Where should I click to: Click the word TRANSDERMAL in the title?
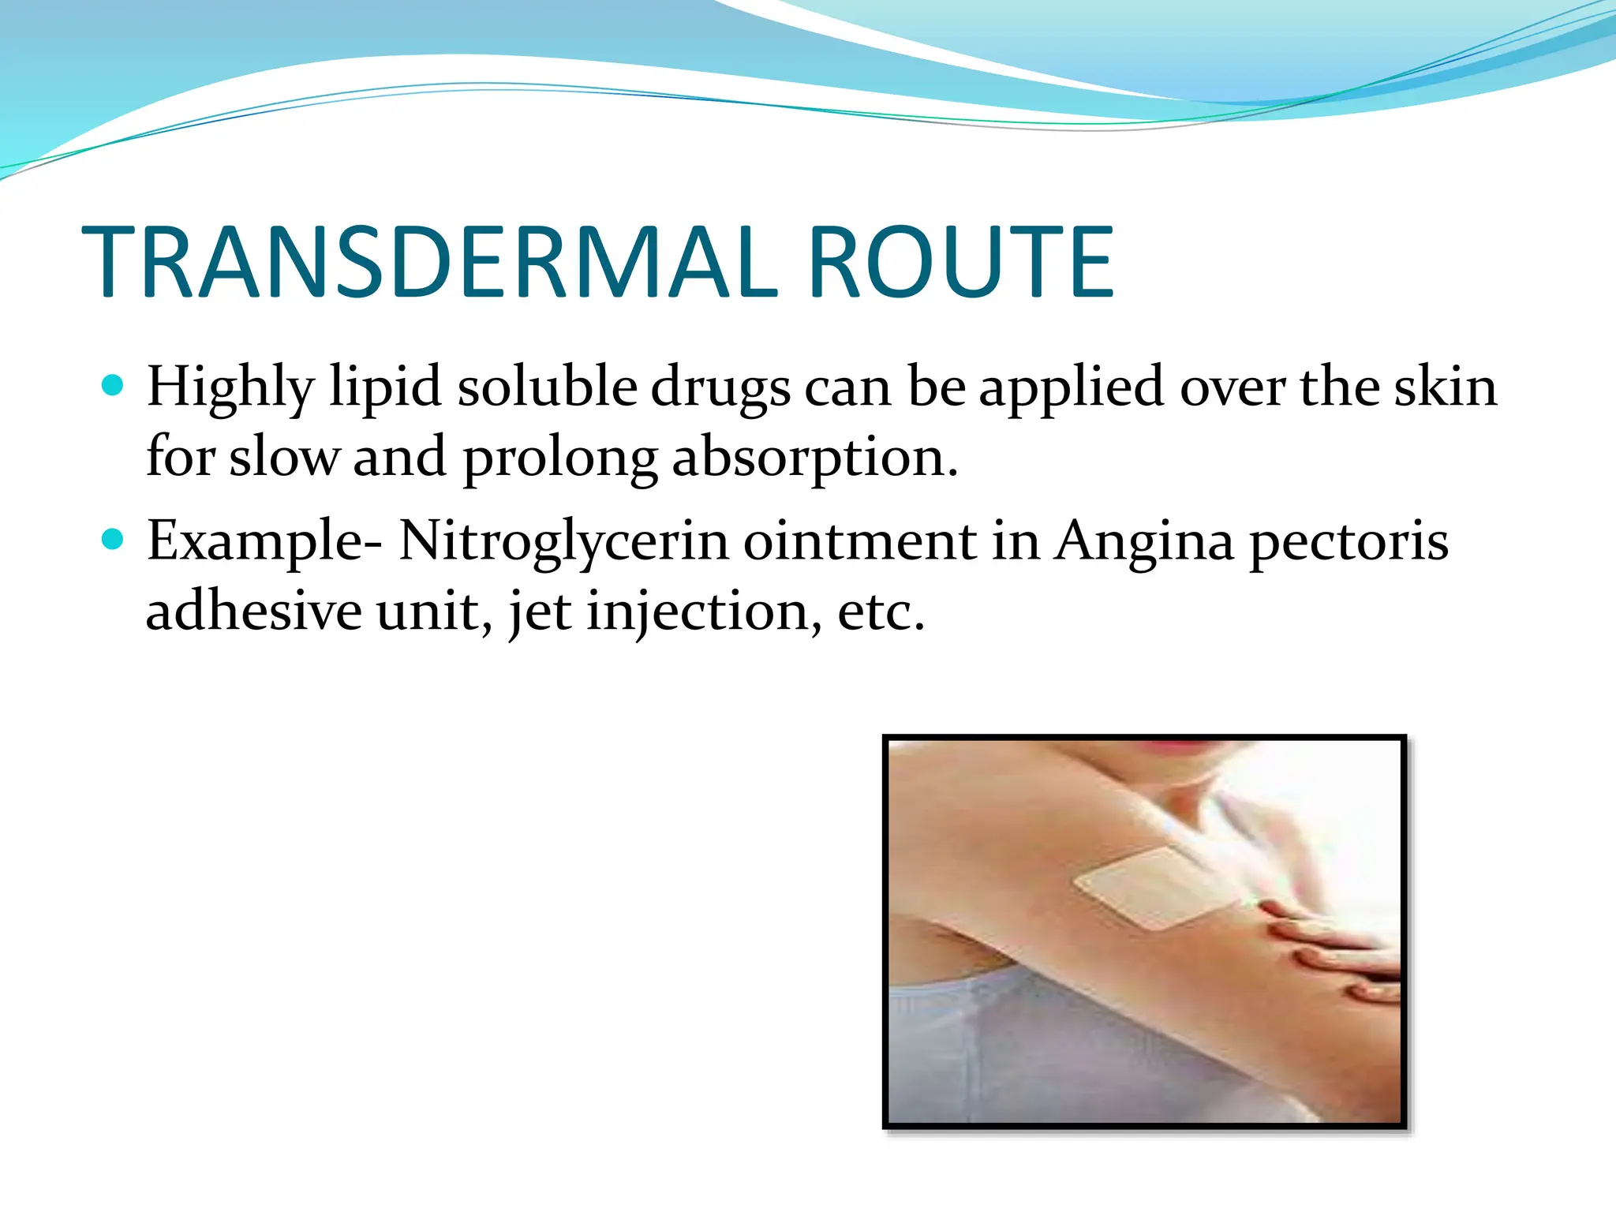click(430, 263)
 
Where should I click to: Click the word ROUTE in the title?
click(961, 263)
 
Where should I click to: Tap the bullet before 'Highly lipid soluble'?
click(114, 386)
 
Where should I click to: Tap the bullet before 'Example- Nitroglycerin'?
click(114, 540)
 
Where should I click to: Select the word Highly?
click(230, 388)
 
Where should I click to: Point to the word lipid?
click(384, 388)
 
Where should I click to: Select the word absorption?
click(814, 458)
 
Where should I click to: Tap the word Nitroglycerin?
click(563, 543)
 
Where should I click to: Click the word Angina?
click(1145, 543)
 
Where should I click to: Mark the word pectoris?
click(1349, 543)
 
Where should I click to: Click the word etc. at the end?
click(881, 612)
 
